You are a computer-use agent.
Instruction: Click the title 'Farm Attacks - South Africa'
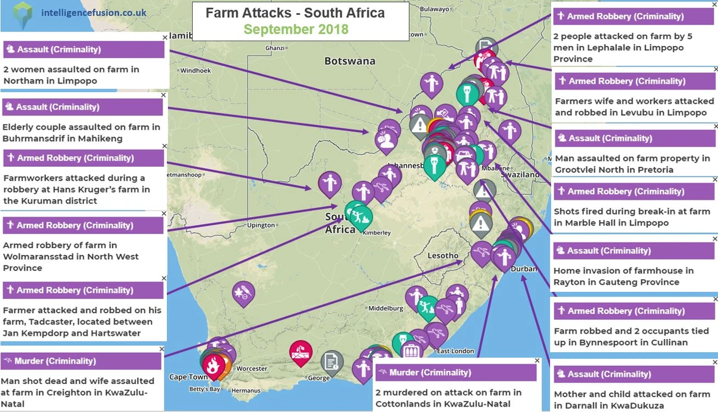point(295,13)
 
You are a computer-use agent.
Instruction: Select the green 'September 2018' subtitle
point(296,29)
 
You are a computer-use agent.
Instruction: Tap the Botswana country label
point(349,61)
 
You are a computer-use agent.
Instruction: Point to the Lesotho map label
point(443,256)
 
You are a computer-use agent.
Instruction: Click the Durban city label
point(524,269)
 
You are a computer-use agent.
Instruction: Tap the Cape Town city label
point(188,377)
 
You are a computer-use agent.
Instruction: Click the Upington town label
point(260,225)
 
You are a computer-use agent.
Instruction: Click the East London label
point(455,351)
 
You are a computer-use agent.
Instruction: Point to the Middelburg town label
point(386,309)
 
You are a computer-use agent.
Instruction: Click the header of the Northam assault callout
point(84,50)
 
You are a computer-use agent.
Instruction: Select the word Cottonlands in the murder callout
point(401,404)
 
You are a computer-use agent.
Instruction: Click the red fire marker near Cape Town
point(212,364)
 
